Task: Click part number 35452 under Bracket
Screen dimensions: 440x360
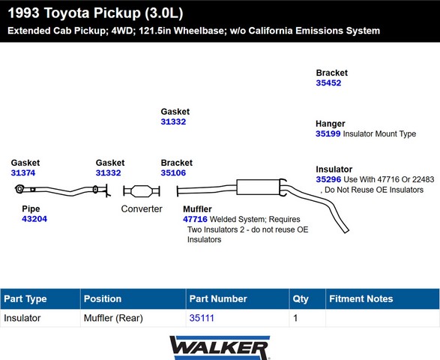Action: (x=328, y=82)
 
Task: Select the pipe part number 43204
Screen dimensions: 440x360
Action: (x=34, y=219)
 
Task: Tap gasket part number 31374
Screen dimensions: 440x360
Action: (x=23, y=172)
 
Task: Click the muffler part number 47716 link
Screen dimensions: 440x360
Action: (x=195, y=219)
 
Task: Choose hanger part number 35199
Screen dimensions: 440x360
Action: (x=328, y=133)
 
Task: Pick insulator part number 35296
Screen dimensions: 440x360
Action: (x=328, y=179)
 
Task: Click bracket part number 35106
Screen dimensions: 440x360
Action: (x=173, y=172)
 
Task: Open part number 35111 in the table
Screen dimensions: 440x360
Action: (x=202, y=318)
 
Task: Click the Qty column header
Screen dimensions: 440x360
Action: (x=301, y=298)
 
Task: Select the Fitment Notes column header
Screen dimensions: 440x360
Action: (x=361, y=298)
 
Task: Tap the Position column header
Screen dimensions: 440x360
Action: (x=103, y=298)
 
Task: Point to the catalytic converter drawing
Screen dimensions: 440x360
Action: (x=142, y=191)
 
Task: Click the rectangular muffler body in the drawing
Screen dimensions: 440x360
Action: (x=258, y=187)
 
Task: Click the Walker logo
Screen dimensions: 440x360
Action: (x=220, y=348)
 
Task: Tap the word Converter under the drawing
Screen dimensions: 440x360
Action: (x=142, y=209)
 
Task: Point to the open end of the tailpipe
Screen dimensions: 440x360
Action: (x=346, y=230)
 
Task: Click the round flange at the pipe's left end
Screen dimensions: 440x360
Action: (x=19, y=189)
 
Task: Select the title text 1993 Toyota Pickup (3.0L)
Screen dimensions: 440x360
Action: (x=95, y=13)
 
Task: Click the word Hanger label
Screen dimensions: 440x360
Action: (x=331, y=124)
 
